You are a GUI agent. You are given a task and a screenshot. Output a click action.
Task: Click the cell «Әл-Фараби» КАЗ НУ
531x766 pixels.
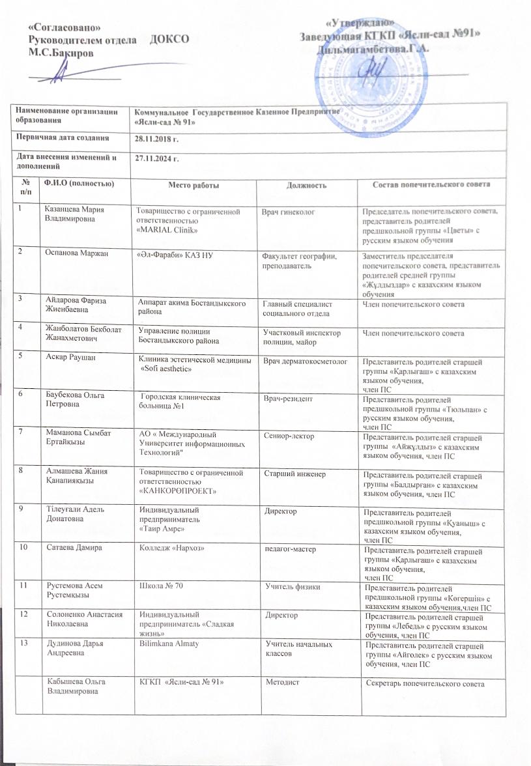click(171, 254)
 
